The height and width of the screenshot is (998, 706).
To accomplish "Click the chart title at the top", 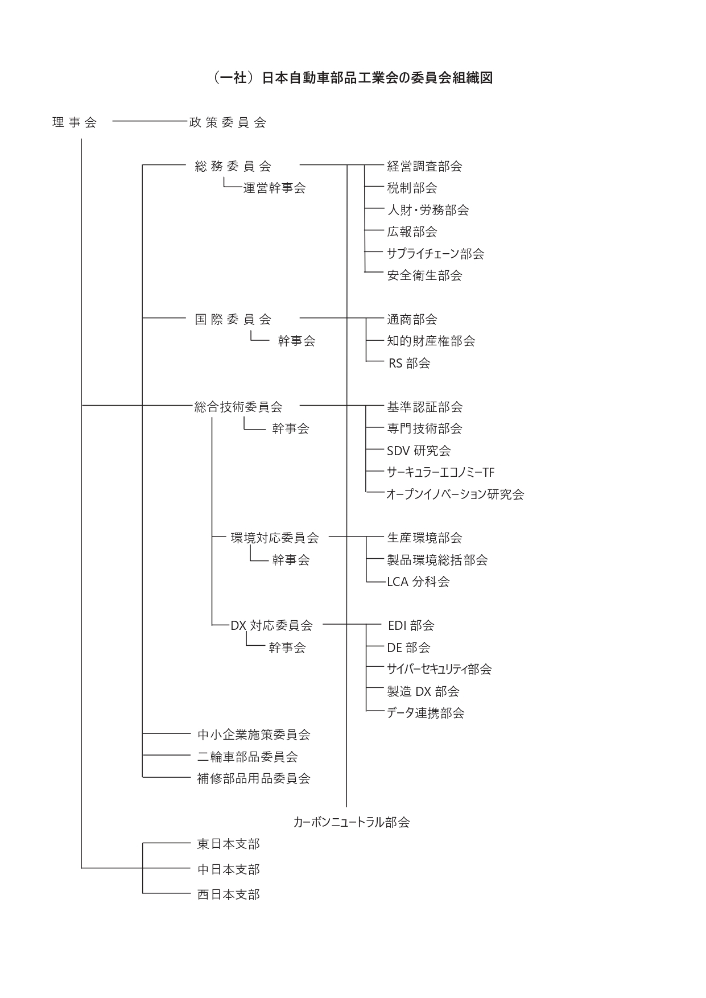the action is click(x=353, y=78).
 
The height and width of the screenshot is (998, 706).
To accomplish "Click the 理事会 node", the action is click(x=75, y=122).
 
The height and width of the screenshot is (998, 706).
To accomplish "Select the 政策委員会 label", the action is click(x=228, y=122).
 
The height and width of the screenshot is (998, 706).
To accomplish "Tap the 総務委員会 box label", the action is click(x=233, y=166).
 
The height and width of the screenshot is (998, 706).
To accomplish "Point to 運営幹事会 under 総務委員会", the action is click(x=275, y=188).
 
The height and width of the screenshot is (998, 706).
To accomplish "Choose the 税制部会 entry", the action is click(x=412, y=188).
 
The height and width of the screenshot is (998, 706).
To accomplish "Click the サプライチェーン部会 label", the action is click(x=436, y=254).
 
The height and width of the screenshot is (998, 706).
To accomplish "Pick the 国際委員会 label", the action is click(x=233, y=319).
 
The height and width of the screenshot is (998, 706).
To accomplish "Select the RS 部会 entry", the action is click(x=410, y=363).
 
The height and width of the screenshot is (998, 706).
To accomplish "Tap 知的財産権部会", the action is click(x=431, y=341).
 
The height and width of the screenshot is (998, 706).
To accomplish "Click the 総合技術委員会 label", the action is click(x=238, y=407).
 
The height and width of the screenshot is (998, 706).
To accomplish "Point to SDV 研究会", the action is click(x=419, y=451).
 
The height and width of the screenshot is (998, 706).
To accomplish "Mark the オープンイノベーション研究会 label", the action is click(x=455, y=494).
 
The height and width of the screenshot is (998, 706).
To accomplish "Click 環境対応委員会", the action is click(x=275, y=538).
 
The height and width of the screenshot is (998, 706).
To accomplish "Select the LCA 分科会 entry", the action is click(x=418, y=582).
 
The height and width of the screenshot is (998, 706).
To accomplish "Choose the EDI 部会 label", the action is click(x=411, y=625).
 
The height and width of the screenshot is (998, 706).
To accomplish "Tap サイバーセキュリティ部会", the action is click(x=439, y=669).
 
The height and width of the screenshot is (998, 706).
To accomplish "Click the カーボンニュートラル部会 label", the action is click(x=352, y=822).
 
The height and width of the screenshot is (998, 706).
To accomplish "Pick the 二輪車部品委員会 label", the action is click(x=247, y=757).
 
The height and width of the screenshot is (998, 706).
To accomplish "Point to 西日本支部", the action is click(x=229, y=894).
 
